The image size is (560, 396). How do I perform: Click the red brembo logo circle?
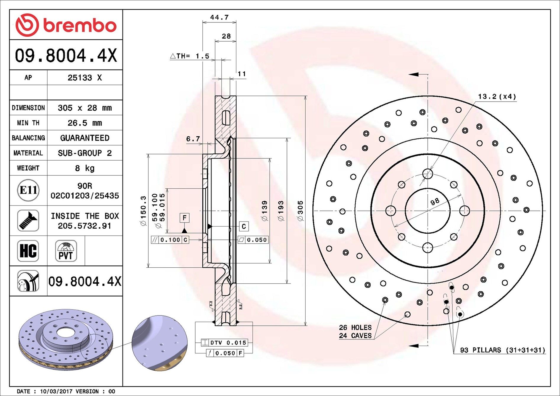pos(27,25)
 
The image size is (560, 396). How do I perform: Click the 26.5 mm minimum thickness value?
pos(85,123)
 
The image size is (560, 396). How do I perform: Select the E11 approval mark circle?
pos(28,190)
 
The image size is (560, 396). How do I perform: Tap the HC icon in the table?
pos(28,251)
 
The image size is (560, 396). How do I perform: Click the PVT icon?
pos(66,251)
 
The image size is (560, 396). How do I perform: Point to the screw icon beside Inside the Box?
pos(28,221)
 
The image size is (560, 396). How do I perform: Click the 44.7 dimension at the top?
pos(219,17)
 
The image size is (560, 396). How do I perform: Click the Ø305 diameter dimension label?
pos(300,211)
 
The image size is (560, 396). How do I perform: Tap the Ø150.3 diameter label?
pos(143,211)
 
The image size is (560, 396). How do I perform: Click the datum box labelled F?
pos(184,218)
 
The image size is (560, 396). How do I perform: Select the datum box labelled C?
pos(243,227)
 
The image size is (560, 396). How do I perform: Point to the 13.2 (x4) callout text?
pos(497,97)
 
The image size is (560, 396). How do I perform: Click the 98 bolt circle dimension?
pos(435,202)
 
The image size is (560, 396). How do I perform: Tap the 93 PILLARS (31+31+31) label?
pos(502,350)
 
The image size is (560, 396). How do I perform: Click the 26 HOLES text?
pos(355,327)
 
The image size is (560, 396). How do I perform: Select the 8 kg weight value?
pos(85,168)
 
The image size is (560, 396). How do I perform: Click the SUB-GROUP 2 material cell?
pos(85,153)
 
